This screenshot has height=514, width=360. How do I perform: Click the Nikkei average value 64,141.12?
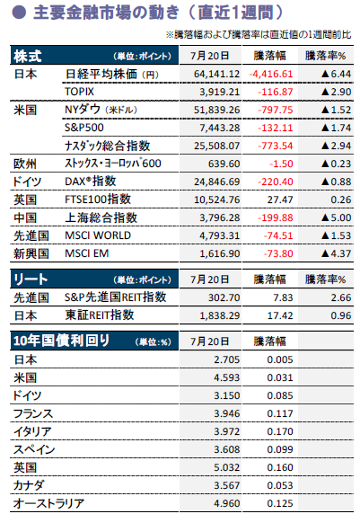click(x=216, y=74)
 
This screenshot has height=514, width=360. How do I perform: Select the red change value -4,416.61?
click(x=271, y=74)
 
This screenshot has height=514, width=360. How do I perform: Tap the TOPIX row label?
click(x=79, y=92)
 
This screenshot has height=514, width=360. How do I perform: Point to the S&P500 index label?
click(x=84, y=128)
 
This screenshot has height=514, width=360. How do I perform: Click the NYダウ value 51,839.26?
click(x=216, y=110)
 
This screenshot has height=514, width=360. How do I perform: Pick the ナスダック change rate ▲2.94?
click(x=336, y=146)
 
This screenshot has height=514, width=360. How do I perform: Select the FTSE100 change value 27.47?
click(x=280, y=199)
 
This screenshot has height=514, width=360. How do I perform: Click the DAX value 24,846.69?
click(x=216, y=182)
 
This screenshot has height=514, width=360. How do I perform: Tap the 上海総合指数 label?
click(x=101, y=217)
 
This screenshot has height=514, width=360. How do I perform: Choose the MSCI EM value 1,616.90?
click(x=219, y=253)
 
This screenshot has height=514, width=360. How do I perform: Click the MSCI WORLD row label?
click(x=98, y=235)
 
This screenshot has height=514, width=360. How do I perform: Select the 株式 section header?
click(x=28, y=56)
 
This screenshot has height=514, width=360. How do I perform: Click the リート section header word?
click(x=31, y=279)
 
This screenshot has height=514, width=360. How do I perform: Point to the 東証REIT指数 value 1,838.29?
click(x=219, y=315)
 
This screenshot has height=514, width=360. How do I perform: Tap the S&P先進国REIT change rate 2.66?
click(x=340, y=297)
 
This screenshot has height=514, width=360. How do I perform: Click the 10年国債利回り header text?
click(x=61, y=341)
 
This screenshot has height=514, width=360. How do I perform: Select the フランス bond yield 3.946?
click(x=226, y=413)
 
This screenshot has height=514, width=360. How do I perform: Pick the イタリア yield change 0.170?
click(x=280, y=431)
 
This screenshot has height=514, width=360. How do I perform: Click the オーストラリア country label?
click(x=48, y=503)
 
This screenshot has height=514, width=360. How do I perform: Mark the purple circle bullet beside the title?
click(x=19, y=13)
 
